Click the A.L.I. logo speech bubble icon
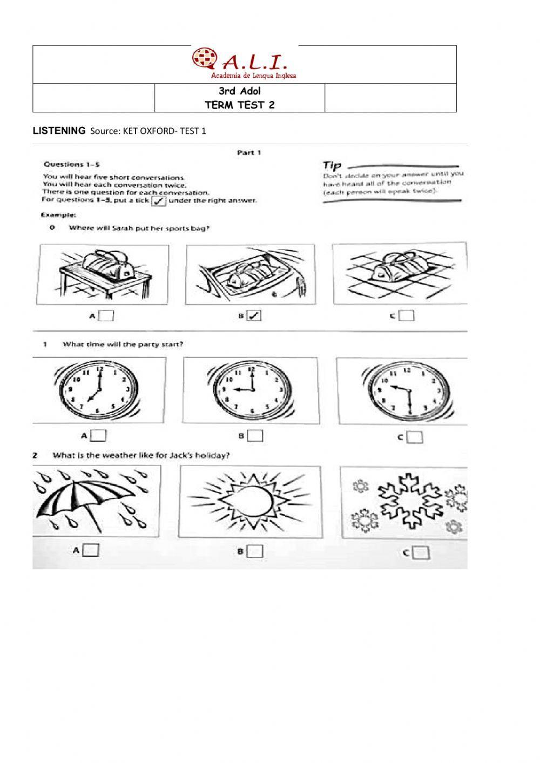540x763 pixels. (204, 59)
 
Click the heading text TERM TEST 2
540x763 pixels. (239, 105)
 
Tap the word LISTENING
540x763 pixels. (59, 130)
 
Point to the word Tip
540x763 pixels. (332, 165)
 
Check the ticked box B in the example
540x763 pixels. (254, 316)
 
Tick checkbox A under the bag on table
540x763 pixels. (106, 316)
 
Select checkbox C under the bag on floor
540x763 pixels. (406, 316)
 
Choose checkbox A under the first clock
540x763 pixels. (99, 435)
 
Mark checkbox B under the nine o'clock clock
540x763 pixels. (255, 435)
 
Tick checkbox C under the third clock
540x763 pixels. (414, 437)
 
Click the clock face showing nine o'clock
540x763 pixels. (251, 389)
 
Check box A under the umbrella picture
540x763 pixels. (92, 550)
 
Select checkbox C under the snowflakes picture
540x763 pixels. (421, 552)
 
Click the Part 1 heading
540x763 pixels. (249, 153)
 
